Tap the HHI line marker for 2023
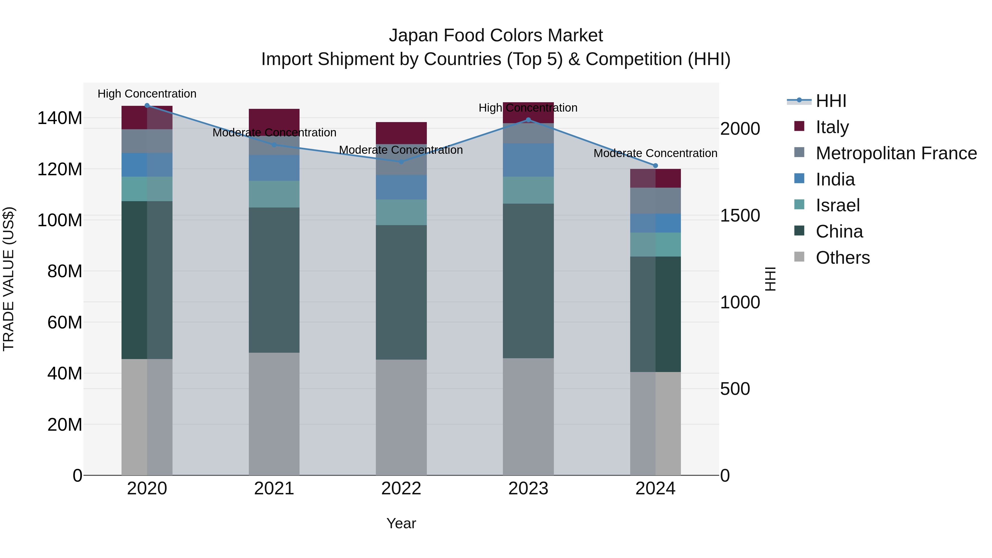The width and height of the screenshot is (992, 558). point(528,120)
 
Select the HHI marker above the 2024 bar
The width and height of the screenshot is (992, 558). point(656,166)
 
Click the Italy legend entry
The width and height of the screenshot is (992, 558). point(832,127)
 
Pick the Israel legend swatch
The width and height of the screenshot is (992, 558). point(799,205)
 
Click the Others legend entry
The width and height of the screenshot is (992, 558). point(843,258)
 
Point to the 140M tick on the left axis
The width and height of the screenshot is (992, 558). point(60,118)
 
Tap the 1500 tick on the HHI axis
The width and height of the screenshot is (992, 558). point(740,216)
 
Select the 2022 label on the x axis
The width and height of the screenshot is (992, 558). point(401,489)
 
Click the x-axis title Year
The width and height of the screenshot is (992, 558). point(401,523)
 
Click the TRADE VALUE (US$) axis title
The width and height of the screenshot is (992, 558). point(9,279)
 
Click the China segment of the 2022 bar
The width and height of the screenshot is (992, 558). point(401,292)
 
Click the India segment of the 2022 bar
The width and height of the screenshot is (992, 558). point(401,188)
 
